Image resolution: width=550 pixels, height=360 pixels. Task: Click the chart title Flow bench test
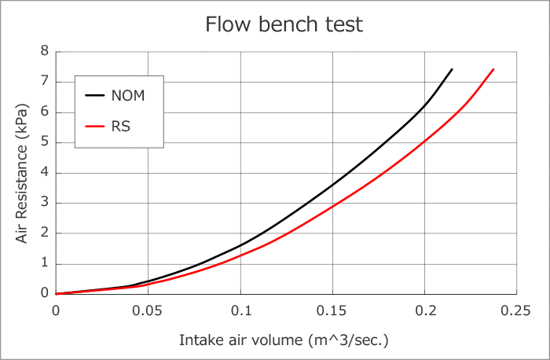284,24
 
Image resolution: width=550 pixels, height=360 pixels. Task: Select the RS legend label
121,125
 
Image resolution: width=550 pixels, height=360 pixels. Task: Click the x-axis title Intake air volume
284,340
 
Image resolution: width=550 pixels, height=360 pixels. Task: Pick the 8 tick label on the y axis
45,51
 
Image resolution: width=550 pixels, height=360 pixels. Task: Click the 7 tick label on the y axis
45,82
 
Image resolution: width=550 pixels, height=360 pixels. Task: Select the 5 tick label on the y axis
45,142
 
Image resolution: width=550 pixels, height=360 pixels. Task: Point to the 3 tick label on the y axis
45,203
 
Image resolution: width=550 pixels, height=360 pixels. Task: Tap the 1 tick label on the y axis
45,263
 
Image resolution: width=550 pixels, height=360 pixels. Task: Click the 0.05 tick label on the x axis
148,310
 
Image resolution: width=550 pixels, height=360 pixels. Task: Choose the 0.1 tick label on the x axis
240,310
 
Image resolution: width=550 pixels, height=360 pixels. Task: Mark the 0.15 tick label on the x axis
332,310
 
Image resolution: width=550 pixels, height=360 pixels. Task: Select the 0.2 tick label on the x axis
425,310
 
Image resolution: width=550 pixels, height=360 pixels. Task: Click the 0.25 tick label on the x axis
516,310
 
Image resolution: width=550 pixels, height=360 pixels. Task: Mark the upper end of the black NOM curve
452,69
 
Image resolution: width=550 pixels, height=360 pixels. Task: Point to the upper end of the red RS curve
493,69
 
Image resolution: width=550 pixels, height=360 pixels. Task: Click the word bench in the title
284,24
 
